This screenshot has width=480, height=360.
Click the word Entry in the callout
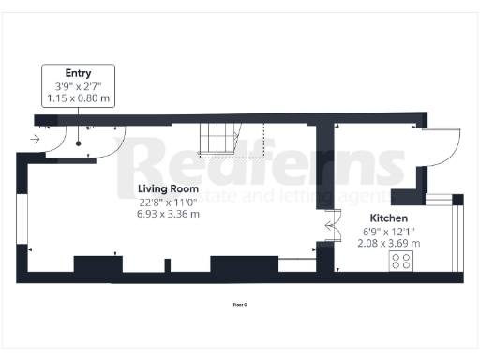78,73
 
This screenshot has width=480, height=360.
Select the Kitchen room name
388,217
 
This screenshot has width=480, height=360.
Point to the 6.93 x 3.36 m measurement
167,214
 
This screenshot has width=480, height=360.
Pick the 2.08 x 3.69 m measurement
388,244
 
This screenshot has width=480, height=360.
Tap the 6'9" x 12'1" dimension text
388,231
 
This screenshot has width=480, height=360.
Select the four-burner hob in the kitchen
401,262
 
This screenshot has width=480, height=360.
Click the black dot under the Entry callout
79,143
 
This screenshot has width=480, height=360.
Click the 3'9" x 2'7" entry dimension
78,86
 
